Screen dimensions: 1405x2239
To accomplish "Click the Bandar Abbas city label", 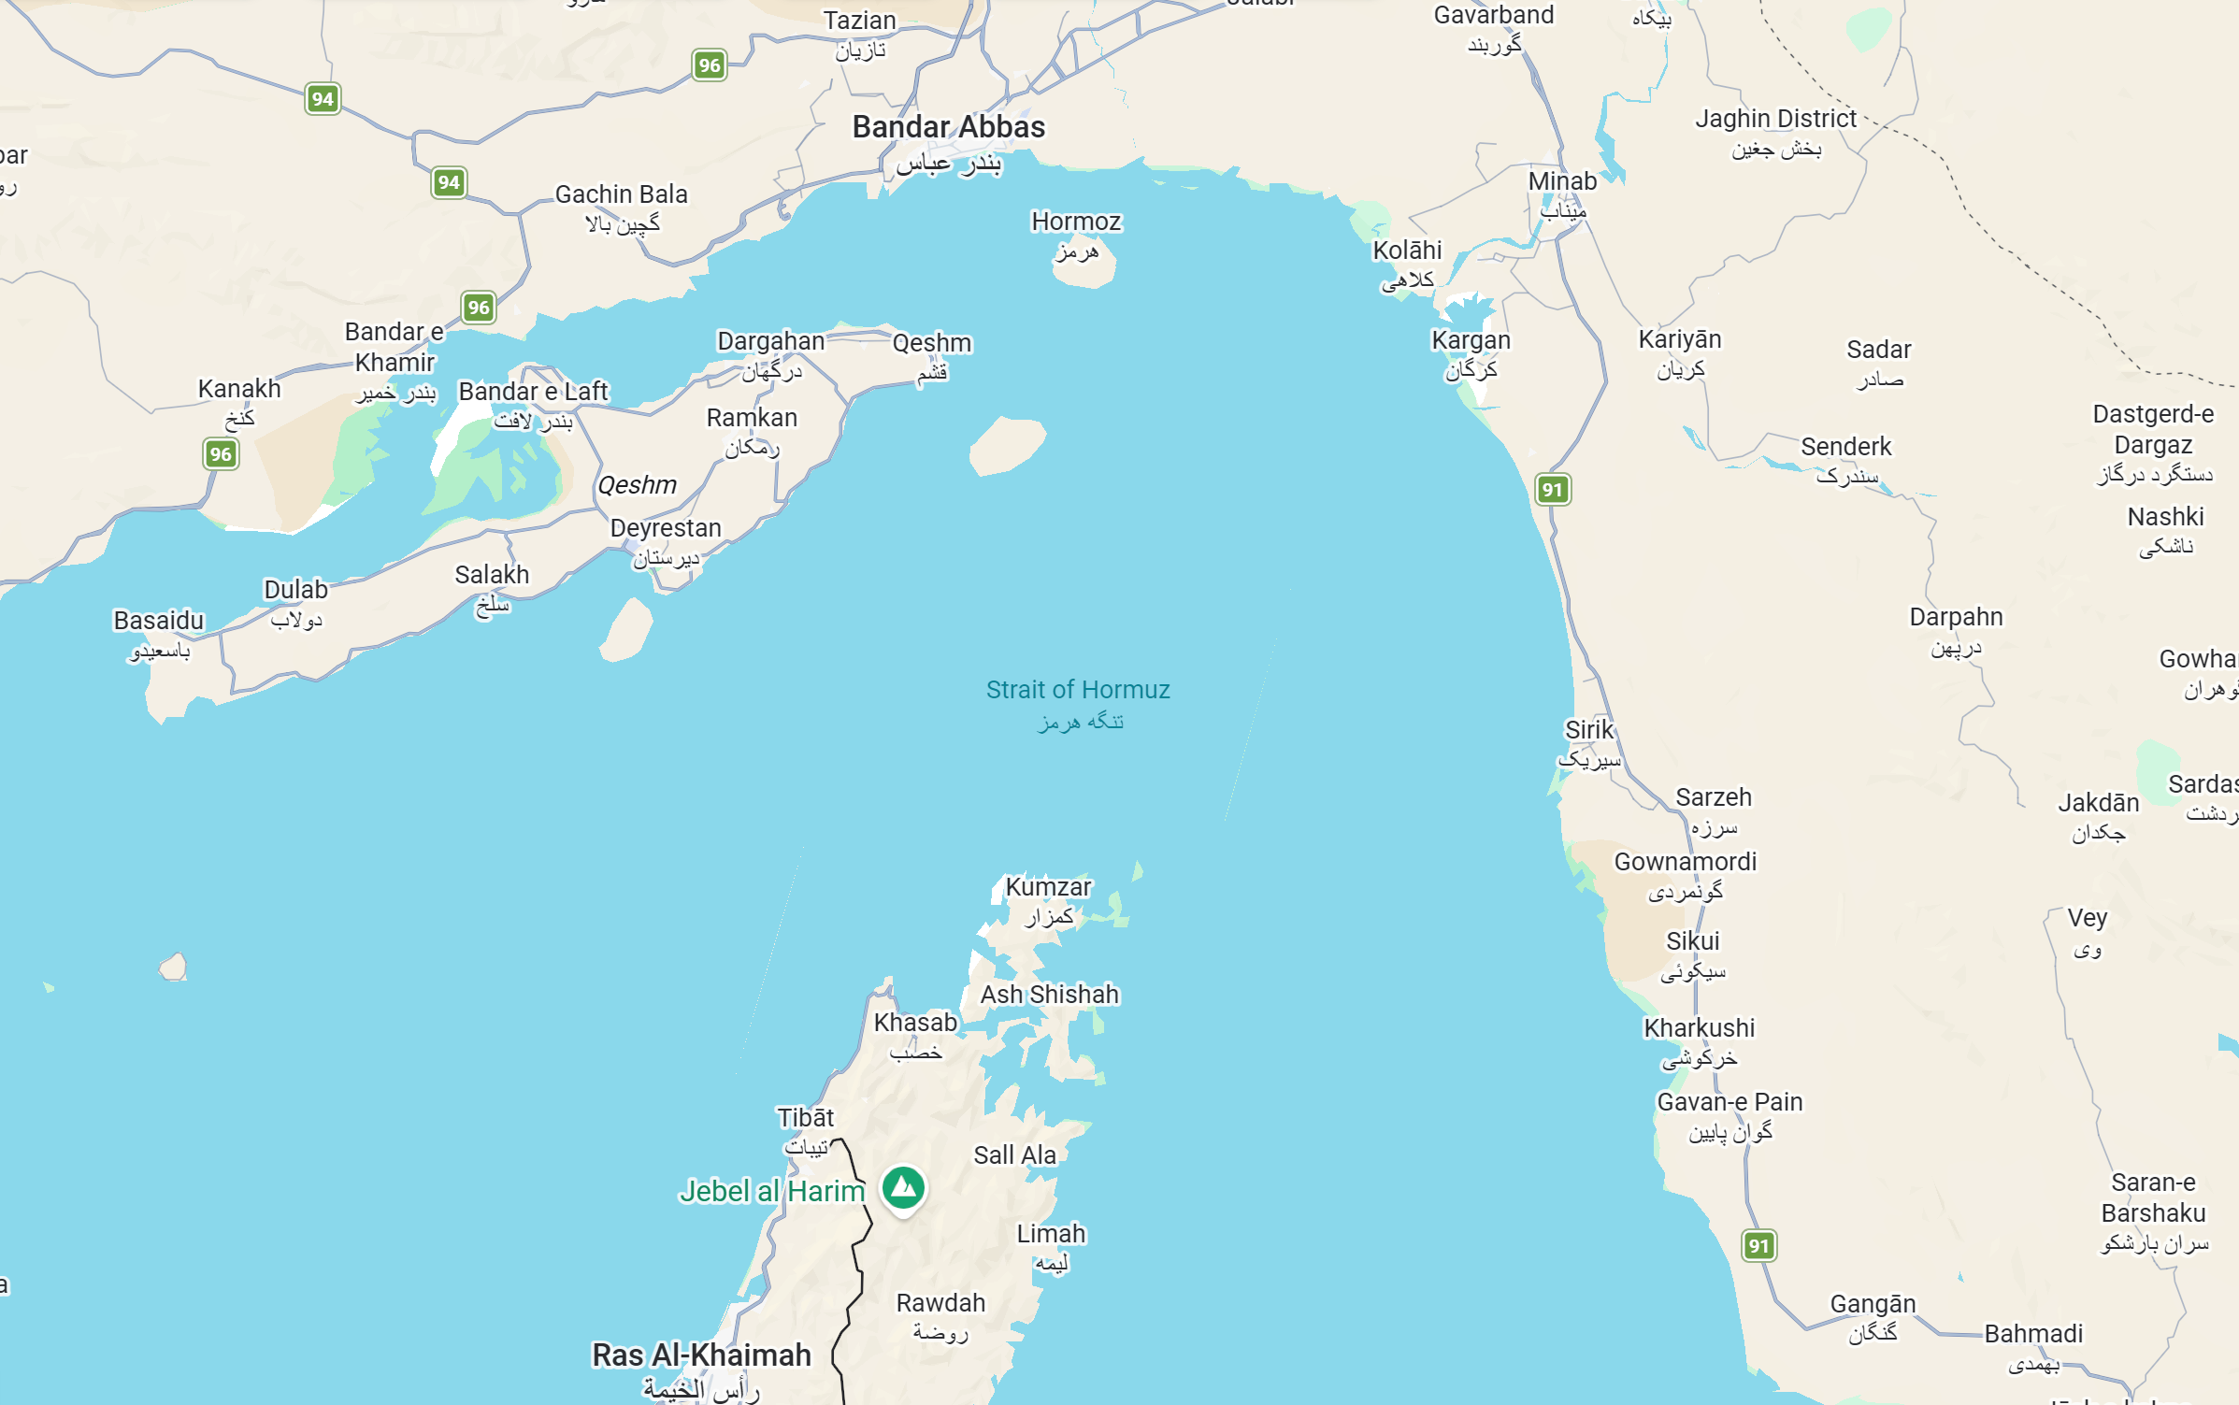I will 948,128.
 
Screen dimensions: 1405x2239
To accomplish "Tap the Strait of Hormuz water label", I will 1078,691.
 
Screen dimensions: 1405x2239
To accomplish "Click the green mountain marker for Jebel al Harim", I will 903,1188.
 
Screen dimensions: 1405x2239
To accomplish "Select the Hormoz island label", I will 1076,222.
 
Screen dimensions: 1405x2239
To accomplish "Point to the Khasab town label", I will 915,1023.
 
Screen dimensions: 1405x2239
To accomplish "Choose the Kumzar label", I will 1048,887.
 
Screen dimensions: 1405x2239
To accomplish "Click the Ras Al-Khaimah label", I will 701,1355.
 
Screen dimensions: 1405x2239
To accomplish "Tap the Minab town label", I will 1562,182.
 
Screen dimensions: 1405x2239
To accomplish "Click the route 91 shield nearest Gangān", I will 1758,1246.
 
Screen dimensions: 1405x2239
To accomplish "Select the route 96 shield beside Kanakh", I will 221,455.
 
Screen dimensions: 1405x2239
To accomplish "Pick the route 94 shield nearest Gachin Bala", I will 449,183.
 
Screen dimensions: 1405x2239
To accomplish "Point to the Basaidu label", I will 158,621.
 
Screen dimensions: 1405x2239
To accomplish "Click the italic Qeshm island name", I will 637,485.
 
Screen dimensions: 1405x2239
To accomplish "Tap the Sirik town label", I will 1589,730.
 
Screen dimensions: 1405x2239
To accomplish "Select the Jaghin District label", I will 1775,120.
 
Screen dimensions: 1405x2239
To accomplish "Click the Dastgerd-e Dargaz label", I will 2153,429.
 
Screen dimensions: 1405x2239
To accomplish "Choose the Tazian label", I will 859,21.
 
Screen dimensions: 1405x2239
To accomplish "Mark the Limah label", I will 1051,1234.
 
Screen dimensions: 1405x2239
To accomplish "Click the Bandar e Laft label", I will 533,392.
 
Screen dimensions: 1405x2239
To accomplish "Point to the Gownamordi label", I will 1685,862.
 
